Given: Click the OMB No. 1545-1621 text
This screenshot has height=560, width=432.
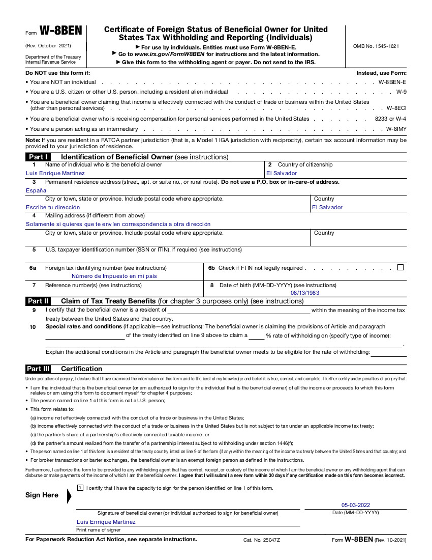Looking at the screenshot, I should coord(376,46).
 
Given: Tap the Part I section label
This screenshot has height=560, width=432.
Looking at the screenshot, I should coord(38,157).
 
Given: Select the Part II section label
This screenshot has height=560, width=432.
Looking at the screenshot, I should coord(38,301).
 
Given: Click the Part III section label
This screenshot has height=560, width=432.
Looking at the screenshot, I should coord(38,369).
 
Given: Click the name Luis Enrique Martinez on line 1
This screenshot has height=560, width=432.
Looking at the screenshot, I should coord(55,173).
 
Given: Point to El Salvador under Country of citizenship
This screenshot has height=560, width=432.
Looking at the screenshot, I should coord(282,173).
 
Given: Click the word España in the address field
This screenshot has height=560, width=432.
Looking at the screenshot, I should coord(36,190).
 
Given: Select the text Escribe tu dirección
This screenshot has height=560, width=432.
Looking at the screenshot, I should coord(53,207).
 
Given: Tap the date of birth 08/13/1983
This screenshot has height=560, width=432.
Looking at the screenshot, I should coord(305,293).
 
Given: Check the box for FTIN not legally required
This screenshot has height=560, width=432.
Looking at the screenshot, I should coord(400,267).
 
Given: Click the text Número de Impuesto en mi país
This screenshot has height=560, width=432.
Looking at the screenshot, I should coord(114,275).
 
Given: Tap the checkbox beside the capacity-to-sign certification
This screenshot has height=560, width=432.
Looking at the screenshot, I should coord(80,488).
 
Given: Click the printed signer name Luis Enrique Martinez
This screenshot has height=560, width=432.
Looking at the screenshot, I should coord(106,522).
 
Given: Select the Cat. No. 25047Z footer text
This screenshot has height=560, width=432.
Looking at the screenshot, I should coord(262,540).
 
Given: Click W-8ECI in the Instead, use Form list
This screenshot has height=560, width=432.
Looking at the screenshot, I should coord(396,108).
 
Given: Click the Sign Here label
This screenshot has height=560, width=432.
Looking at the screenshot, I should coord(42,495).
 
